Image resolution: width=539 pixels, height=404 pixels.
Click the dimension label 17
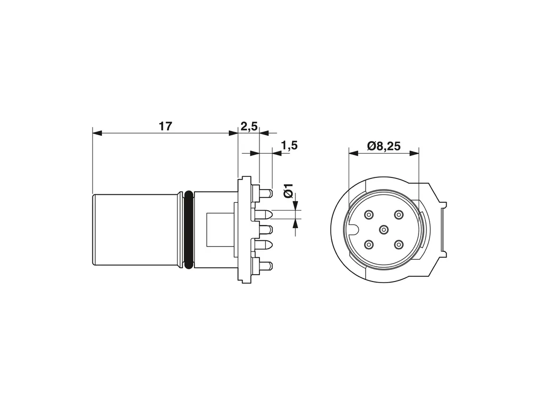(165, 126)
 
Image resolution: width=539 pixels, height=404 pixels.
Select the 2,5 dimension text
(249, 126)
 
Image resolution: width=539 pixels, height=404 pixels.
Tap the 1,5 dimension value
(289, 146)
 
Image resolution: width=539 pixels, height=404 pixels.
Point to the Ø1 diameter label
(289, 191)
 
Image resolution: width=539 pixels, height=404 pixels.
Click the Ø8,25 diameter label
(384, 146)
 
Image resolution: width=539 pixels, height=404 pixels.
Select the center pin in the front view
(384, 229)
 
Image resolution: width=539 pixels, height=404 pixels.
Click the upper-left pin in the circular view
(369, 215)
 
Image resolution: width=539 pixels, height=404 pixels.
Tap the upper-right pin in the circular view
(398, 215)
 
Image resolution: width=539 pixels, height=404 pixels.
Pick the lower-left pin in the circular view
(369, 245)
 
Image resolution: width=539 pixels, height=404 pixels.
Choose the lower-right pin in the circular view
(398, 245)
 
